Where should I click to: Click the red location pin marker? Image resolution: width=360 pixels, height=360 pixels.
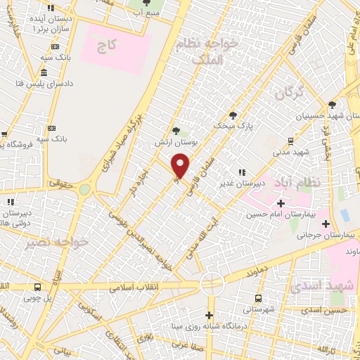(x=181, y=165)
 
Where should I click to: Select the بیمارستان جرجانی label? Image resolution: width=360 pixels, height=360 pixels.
(x=326, y=236)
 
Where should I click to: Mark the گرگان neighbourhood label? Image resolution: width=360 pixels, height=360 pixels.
(x=289, y=92)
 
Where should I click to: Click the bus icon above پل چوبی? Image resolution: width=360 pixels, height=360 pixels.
(x=37, y=287)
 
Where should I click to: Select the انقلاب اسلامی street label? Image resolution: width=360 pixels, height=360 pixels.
(x=132, y=288)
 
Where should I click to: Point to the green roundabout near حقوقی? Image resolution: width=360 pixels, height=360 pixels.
(x=85, y=190)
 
